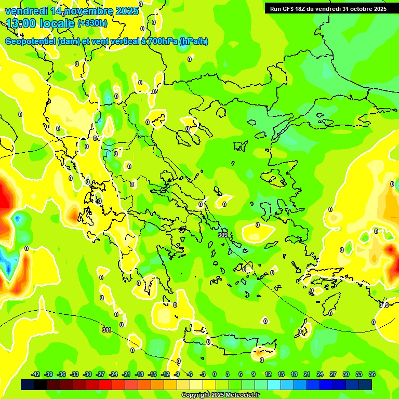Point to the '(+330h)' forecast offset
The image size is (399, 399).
[x=92, y=23]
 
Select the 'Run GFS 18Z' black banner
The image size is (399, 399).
[x=328, y=9]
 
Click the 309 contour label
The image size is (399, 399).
[x=223, y=235]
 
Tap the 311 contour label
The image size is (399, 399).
[x=107, y=330]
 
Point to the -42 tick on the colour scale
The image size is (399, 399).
[x=36, y=374]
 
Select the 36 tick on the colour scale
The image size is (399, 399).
[x=372, y=374]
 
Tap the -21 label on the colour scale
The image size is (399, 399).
[x=126, y=374]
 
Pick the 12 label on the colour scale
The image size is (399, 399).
[x=268, y=374]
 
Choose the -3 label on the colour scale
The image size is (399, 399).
[x=202, y=374]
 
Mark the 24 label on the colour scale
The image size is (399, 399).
[x=320, y=374]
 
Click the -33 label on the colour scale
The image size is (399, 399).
[x=74, y=374]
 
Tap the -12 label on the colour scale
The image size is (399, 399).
[x=165, y=374]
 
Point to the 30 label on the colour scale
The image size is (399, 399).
[x=346, y=374]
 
